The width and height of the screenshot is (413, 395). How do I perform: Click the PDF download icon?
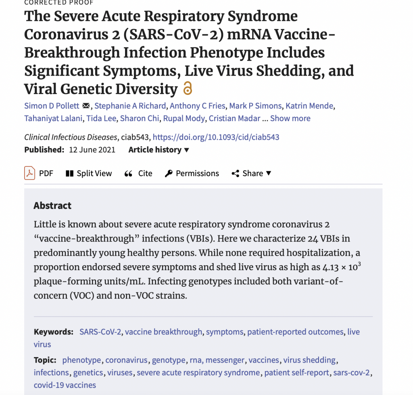[30, 173]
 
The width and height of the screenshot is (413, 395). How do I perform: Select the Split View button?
[89, 173]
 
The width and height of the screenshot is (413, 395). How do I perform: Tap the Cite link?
[139, 173]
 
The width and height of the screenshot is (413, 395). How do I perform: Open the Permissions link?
[192, 173]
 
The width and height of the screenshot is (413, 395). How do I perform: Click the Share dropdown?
[252, 173]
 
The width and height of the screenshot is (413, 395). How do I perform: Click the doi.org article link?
[216, 137]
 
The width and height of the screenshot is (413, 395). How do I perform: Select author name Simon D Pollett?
[52, 106]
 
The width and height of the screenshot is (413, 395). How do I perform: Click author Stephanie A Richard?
[130, 106]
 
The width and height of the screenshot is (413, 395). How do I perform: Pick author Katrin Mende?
[310, 106]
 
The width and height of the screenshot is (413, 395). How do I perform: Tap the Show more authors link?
[290, 118]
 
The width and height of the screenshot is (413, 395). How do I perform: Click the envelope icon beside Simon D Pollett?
[86, 106]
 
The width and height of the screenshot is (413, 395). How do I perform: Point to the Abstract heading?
[52, 206]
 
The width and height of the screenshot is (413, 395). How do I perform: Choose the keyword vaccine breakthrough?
[163, 332]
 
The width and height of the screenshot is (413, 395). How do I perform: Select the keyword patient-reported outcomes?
[295, 332]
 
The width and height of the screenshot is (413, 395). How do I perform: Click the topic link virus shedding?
[309, 360]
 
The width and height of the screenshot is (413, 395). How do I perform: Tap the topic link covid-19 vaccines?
[65, 385]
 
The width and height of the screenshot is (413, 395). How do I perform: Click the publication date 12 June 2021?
[92, 150]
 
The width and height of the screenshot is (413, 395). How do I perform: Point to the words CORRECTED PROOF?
[59, 2]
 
